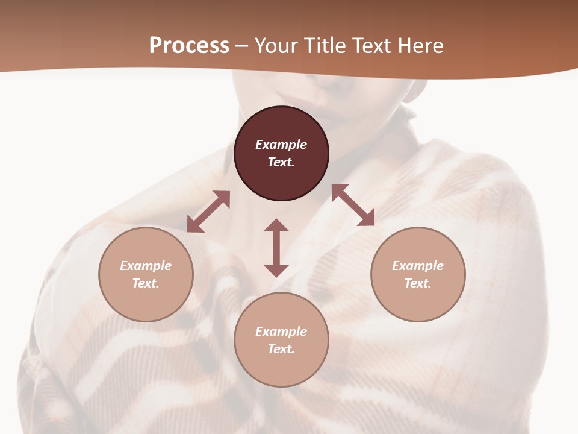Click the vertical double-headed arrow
(x=276, y=248)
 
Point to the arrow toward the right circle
(x=353, y=205)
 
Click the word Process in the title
(x=189, y=45)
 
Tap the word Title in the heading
(x=325, y=45)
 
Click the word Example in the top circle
(x=281, y=145)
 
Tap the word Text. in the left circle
(x=146, y=283)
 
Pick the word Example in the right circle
(x=418, y=266)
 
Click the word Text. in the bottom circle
(x=281, y=349)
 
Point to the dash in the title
(x=242, y=46)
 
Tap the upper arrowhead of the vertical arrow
(x=276, y=225)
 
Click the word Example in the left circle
(x=146, y=266)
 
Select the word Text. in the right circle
(x=418, y=283)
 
